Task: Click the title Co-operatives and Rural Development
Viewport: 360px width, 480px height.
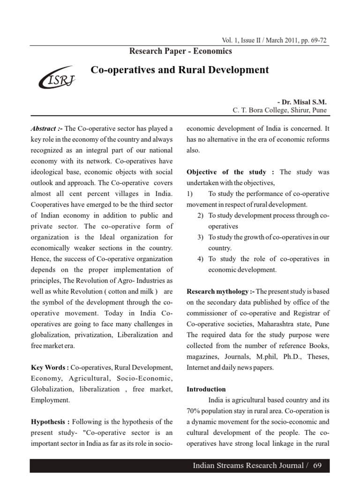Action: (x=180, y=70)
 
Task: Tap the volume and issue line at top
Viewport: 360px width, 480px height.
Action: (x=271, y=40)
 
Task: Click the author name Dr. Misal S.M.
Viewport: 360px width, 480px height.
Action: (x=302, y=102)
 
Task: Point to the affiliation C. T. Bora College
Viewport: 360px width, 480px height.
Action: (x=280, y=111)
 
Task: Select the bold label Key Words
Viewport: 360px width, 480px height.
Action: (x=49, y=367)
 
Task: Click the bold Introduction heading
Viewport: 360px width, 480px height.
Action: (x=206, y=389)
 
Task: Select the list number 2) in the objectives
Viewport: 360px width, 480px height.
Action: (x=200, y=216)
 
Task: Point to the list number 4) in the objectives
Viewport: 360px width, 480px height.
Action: (x=200, y=259)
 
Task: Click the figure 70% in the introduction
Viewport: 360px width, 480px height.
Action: (x=195, y=411)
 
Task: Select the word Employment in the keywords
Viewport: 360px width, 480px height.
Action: (x=49, y=400)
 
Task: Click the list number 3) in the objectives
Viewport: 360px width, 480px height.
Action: (x=200, y=237)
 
